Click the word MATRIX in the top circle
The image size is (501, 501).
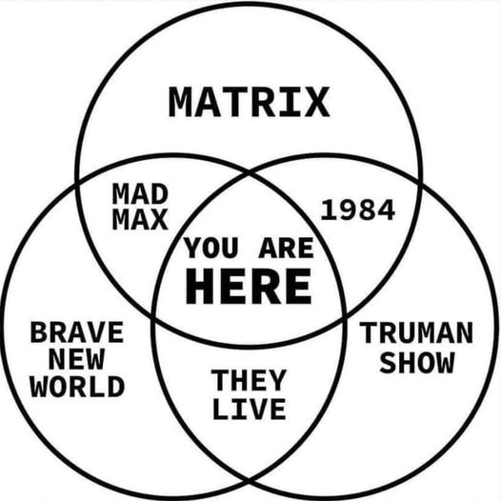(x=249, y=102)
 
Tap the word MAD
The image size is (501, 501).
(x=140, y=194)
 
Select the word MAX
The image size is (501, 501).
(x=140, y=219)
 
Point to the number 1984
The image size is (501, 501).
(x=358, y=210)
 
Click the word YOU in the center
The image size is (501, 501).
(x=210, y=248)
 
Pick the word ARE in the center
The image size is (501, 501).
(x=286, y=248)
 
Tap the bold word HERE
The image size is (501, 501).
(x=249, y=286)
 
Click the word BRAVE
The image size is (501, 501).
(x=77, y=332)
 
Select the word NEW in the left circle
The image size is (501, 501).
(x=77, y=359)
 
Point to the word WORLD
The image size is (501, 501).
(x=77, y=387)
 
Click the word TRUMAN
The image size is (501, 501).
(x=416, y=332)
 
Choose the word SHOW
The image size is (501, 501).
(x=416, y=362)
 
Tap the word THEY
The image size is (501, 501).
(x=249, y=380)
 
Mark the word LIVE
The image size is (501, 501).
(x=249, y=409)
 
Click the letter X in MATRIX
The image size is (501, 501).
(x=316, y=102)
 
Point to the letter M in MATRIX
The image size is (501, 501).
(x=182, y=102)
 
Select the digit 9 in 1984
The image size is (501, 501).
(x=349, y=210)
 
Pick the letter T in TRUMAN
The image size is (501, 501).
(x=369, y=332)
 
